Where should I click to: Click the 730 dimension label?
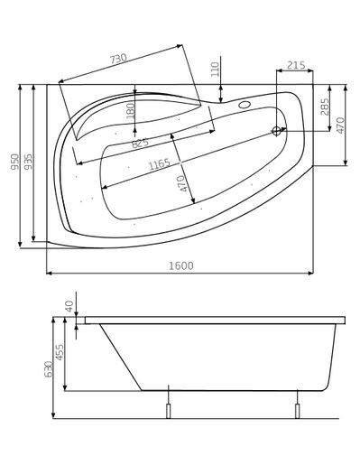[x=118, y=59]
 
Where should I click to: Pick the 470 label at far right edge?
[x=340, y=126]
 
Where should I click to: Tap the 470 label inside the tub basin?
[x=181, y=184]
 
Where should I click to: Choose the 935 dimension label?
[x=28, y=163]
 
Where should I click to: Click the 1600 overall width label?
[x=180, y=265]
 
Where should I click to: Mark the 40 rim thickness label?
[x=69, y=307]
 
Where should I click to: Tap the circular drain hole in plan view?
[x=276, y=132]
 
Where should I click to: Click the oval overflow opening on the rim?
[x=244, y=103]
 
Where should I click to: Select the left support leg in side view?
[x=168, y=409]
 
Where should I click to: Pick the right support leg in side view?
[x=297, y=409]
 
